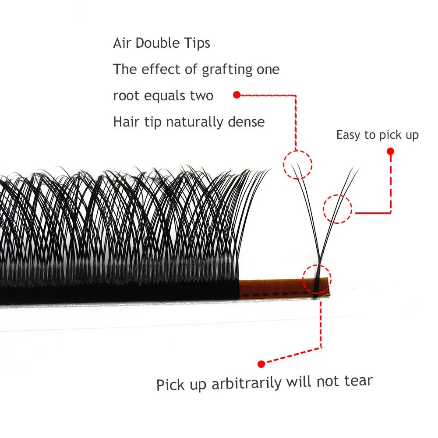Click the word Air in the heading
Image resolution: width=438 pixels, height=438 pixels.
click(x=122, y=43)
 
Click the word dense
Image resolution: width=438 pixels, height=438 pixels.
click(x=246, y=122)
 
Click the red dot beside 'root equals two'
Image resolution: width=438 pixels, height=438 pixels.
click(x=237, y=95)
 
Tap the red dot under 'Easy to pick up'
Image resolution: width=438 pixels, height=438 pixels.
click(x=391, y=152)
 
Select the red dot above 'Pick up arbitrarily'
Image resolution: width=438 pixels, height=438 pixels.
click(x=261, y=364)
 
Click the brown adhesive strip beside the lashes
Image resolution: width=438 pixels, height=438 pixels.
click(x=284, y=288)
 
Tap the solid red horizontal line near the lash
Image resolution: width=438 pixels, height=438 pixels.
click(x=373, y=213)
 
